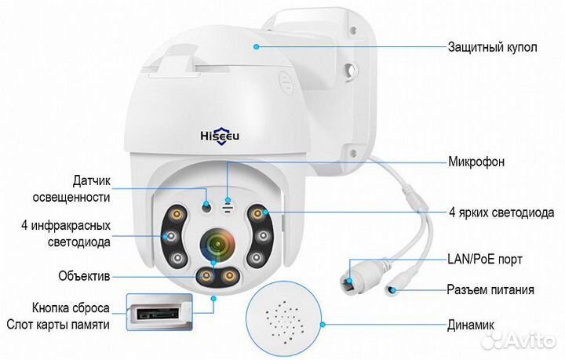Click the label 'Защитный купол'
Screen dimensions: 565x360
coord(492,47)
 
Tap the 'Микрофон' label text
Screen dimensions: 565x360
coord(476,162)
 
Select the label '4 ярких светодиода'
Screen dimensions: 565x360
coord(501,213)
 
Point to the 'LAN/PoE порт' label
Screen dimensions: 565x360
coord(485,259)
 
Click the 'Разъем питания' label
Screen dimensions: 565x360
coord(490,289)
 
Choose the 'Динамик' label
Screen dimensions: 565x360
coord(471,325)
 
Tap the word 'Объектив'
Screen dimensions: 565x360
coord(84,276)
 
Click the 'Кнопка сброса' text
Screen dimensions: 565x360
coord(71,308)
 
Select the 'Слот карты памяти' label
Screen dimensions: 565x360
coord(58,325)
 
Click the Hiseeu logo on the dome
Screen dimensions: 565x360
coord(220,136)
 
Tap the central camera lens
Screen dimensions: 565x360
coord(217,245)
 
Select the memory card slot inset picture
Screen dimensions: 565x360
coord(159,312)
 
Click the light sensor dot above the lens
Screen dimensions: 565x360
coord(206,207)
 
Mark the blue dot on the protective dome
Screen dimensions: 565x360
coord(256,46)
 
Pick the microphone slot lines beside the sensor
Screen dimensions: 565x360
coord(228,207)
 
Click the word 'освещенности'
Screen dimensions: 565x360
coord(71,198)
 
